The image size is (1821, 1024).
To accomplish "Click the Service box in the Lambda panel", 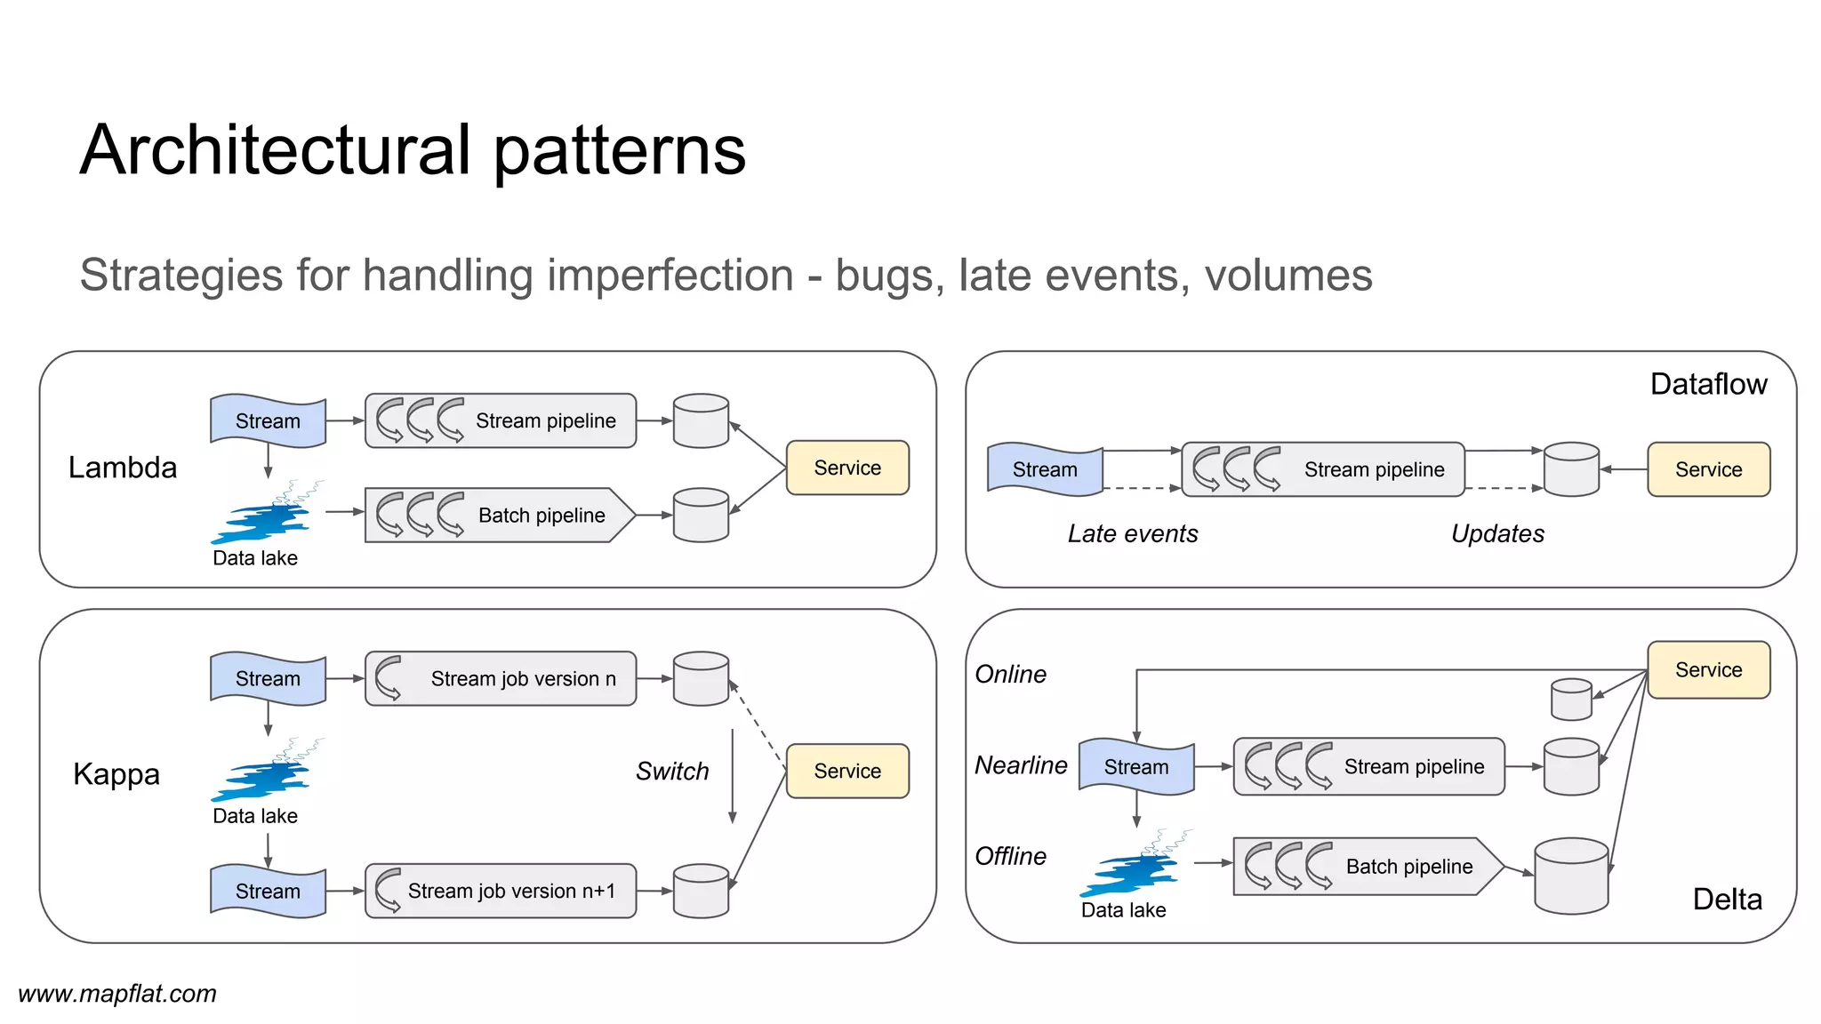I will point(846,468).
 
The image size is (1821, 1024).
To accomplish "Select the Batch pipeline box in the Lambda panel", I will point(500,515).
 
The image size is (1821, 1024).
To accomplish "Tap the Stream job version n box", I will point(500,678).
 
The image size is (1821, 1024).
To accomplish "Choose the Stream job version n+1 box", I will point(500,891).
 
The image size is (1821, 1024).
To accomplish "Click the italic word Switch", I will point(672,772).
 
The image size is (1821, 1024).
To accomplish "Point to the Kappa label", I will point(116,774).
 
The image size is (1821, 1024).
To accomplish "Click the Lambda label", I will point(123,468).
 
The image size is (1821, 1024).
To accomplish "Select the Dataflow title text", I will point(1708,384).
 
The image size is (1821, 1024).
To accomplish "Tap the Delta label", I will point(1727,900).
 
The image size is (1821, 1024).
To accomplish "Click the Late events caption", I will point(1133,533).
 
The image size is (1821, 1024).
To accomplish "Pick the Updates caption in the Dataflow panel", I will point(1497,533).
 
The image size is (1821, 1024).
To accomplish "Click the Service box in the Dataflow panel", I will point(1708,469).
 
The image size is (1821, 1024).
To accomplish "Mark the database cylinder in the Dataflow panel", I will point(1571,469).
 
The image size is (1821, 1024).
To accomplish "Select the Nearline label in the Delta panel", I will point(1021,765).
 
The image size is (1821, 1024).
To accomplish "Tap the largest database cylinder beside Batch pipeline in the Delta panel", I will point(1571,876).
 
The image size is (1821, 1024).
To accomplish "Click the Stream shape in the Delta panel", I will point(1135,766).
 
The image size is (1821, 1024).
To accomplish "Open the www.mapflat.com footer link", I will point(117,994).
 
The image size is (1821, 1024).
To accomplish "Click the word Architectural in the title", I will point(274,150).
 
